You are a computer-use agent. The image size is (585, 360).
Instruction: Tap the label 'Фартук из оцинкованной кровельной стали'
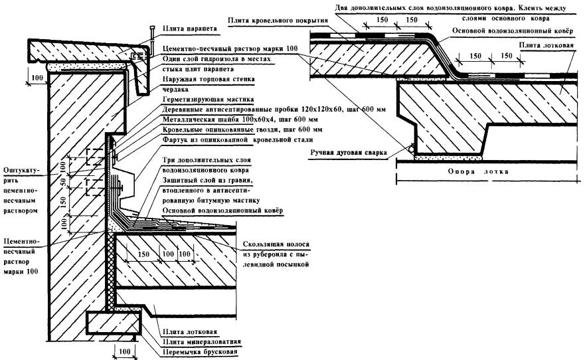pyautogui.click(x=238, y=139)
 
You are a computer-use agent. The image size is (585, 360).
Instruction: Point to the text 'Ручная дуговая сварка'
pyautogui.click(x=347, y=153)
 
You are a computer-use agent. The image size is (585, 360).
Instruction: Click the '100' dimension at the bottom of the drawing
pyautogui.click(x=124, y=349)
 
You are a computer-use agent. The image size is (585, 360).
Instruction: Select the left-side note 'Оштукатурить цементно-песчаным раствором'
pyautogui.click(x=21, y=189)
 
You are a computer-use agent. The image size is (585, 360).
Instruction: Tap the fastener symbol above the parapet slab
pyautogui.click(x=152, y=31)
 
